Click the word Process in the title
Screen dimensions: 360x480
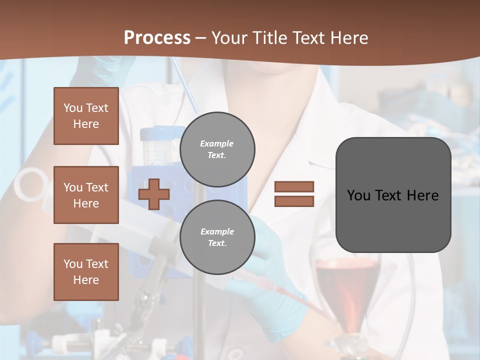coord(157,38)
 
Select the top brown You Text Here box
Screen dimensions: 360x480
coord(86,116)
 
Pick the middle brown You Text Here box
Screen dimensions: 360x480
coord(86,195)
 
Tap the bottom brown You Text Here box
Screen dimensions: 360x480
coord(86,272)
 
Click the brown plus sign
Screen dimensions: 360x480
coord(154,194)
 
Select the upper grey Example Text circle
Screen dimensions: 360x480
coord(217,149)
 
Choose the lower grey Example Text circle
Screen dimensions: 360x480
coord(217,237)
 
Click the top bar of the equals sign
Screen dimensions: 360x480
coord(294,186)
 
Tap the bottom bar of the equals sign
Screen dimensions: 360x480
coord(294,201)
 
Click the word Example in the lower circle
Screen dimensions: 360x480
coord(217,231)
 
